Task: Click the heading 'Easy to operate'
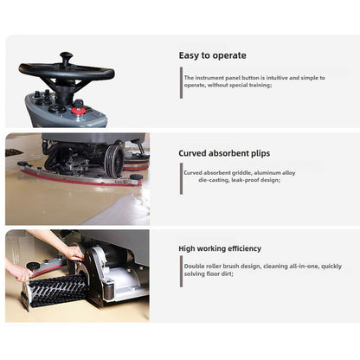[x=212, y=55]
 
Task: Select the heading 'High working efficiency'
[x=220, y=248]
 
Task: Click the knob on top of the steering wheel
[x=66, y=58]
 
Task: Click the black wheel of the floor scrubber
[x=113, y=161]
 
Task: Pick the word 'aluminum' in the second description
[x=282, y=173]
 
